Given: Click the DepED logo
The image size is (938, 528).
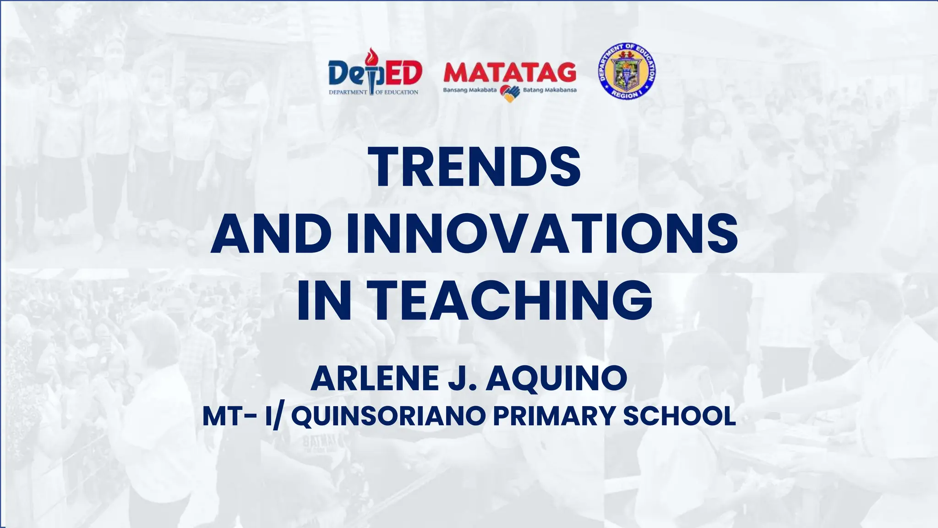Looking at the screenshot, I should click(x=374, y=73).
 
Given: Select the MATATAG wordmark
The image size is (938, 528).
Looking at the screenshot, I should click(x=510, y=72).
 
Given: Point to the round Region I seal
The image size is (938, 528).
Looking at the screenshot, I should click(x=627, y=71).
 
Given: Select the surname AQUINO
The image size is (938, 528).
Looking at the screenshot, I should click(x=556, y=379).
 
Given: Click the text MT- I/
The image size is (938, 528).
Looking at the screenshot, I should click(x=241, y=416).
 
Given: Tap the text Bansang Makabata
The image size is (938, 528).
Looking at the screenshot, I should click(x=469, y=90).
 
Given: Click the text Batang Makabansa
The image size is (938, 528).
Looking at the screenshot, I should click(x=550, y=90).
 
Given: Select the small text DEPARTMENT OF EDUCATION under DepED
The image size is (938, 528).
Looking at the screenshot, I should click(x=373, y=92).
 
